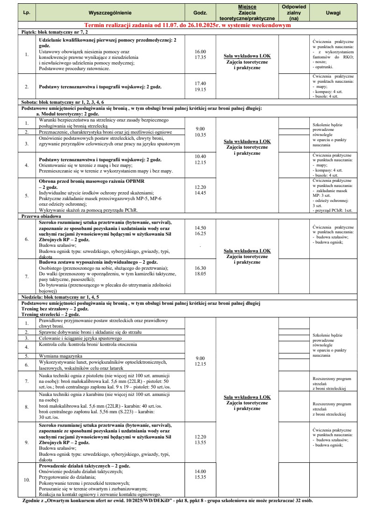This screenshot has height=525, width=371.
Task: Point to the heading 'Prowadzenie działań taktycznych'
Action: click(x=85, y=466)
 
